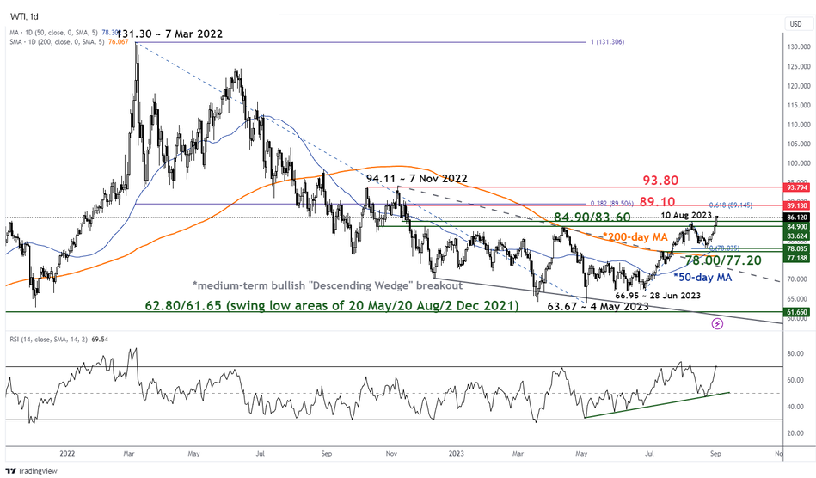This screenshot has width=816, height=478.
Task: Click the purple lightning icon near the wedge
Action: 717,323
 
